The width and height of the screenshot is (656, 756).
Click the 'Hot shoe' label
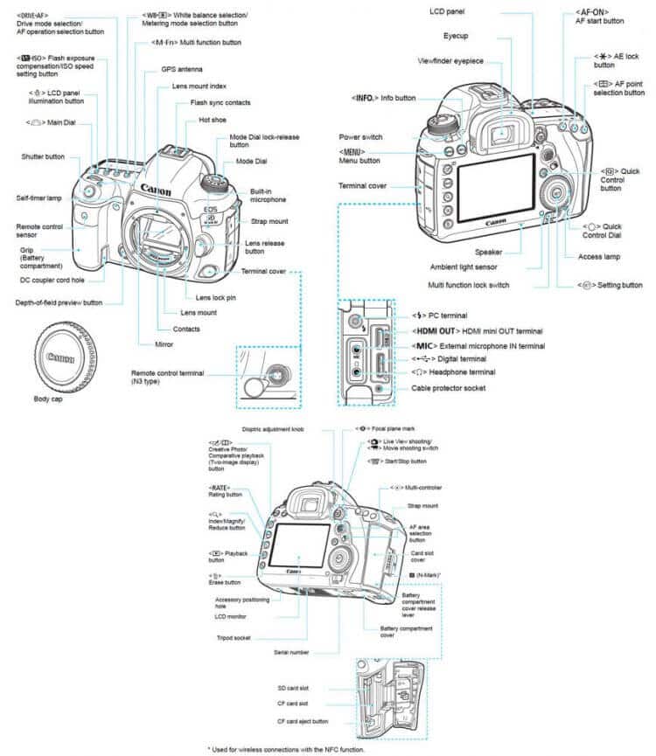[214, 120]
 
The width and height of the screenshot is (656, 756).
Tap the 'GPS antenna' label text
[180, 68]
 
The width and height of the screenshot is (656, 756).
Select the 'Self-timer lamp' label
[36, 198]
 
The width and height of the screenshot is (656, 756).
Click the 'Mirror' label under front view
[164, 345]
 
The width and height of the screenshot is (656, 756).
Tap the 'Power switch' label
[360, 137]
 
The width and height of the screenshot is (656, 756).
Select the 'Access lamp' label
[600, 256]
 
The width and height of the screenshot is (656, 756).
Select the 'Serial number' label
[291, 652]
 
